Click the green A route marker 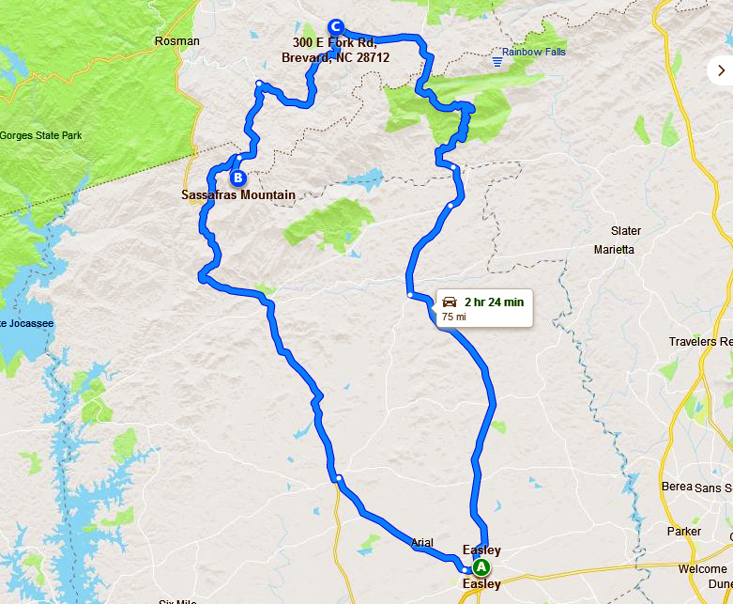(x=481, y=567)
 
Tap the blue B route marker (x=237, y=177)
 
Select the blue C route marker (x=336, y=26)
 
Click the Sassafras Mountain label (x=238, y=195)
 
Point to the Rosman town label (x=177, y=41)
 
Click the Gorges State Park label (x=40, y=135)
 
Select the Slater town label (x=626, y=231)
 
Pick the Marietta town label (x=615, y=250)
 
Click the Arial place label (x=422, y=543)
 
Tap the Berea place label (x=677, y=486)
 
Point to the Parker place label (x=683, y=532)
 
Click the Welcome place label (x=702, y=569)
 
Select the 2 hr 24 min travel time (x=493, y=302)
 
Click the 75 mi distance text (x=453, y=317)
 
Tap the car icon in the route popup (x=450, y=302)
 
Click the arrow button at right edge (x=721, y=70)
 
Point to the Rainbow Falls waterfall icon (x=497, y=62)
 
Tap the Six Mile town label (x=177, y=602)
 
